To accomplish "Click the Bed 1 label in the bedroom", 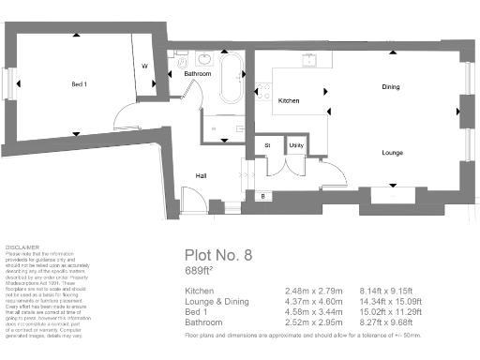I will tap(79, 84).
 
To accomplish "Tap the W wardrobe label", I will tap(144, 67).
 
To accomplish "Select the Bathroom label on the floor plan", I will tap(197, 73).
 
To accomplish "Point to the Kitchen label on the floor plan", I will tap(289, 100).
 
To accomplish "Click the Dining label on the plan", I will tap(391, 86).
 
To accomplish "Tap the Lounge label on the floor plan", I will tap(392, 151).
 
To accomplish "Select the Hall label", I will tap(201, 175).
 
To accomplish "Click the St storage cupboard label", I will tap(267, 145).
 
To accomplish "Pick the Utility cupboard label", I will tap(295, 145).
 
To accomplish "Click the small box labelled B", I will tap(263, 195).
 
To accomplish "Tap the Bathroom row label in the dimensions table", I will tap(203, 321).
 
